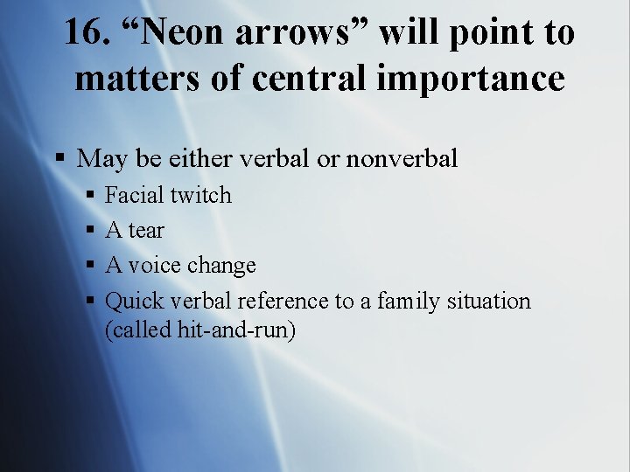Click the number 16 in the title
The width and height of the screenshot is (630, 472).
(x=85, y=33)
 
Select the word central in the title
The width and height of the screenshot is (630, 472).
(x=334, y=79)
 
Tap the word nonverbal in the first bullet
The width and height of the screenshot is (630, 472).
(x=402, y=158)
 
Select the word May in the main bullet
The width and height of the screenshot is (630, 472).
(x=101, y=158)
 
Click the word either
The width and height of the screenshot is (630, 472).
(x=198, y=158)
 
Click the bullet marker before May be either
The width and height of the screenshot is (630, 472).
(x=59, y=158)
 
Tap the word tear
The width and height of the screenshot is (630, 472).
(x=146, y=231)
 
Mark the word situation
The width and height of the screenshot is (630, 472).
(x=488, y=302)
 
